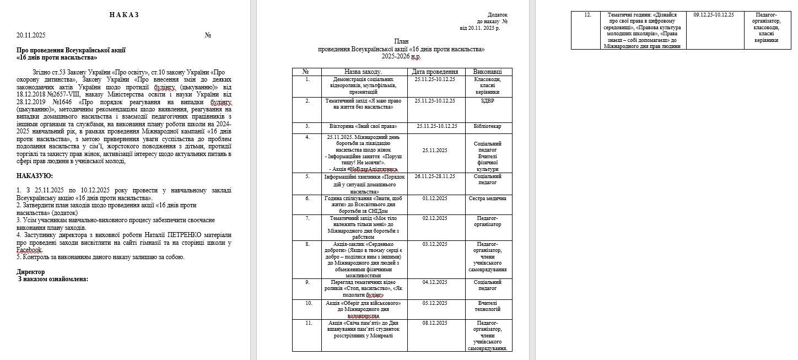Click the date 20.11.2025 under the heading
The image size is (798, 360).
click(31, 35)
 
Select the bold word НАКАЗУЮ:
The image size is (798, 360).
click(35, 176)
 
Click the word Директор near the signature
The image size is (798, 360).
click(31, 272)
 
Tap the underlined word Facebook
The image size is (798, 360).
click(30, 250)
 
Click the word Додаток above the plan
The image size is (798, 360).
click(497, 15)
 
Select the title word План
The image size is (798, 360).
click(402, 42)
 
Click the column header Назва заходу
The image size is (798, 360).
click(363, 72)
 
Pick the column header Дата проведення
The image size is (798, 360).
click(435, 72)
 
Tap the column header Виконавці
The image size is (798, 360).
click(487, 72)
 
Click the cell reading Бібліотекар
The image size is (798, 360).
click(487, 126)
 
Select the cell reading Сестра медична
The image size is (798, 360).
click(487, 198)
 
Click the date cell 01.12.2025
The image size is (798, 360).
click(435, 198)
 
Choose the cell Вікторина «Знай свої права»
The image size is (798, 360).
click(363, 126)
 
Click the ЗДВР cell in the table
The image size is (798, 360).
click(487, 101)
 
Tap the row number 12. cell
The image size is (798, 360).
click(586, 15)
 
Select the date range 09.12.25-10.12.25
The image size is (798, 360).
click(714, 15)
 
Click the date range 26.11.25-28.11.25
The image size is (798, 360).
click(435, 176)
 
